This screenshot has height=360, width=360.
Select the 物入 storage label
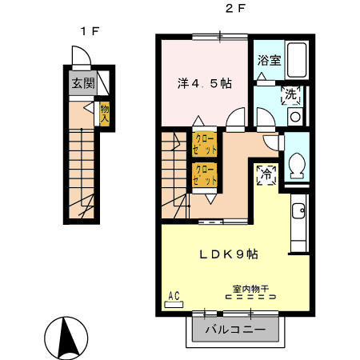pyautogui.click(x=104, y=113)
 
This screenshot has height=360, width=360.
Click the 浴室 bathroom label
pyautogui.click(x=268, y=60)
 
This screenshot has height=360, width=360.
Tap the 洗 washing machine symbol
pyautogui.click(x=292, y=94)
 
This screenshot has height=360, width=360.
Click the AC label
pyautogui.click(x=173, y=296)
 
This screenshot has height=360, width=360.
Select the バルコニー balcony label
pyautogui.click(x=237, y=329)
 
